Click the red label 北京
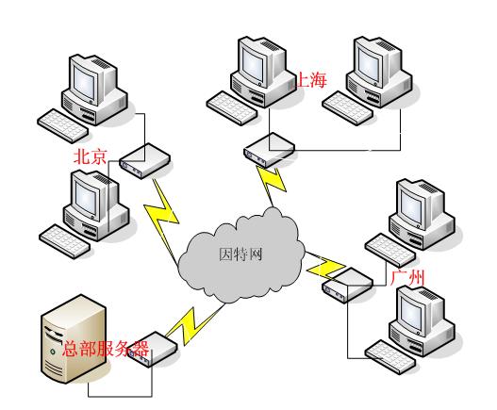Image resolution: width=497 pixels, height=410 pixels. [x=90, y=156]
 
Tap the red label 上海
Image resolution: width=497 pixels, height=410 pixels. [x=311, y=79]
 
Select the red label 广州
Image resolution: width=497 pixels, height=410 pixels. [x=408, y=277]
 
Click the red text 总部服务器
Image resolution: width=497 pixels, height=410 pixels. [x=106, y=349]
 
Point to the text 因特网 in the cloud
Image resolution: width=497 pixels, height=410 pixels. [x=240, y=254]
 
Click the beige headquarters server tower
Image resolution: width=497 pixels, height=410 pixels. [x=74, y=338]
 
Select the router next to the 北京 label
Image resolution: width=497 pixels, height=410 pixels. [x=145, y=160]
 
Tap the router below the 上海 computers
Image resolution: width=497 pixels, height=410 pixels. [x=270, y=150]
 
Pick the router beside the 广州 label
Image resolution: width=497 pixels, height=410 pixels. [x=348, y=286]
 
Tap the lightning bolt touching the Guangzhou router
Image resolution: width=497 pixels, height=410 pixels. [x=325, y=265]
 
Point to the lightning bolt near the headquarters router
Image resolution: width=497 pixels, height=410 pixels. [x=195, y=324]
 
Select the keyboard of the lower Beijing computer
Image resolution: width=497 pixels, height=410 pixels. [x=65, y=241]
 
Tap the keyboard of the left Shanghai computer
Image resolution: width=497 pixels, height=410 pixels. [x=232, y=108]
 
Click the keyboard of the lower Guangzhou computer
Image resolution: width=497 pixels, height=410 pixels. [x=390, y=357]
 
